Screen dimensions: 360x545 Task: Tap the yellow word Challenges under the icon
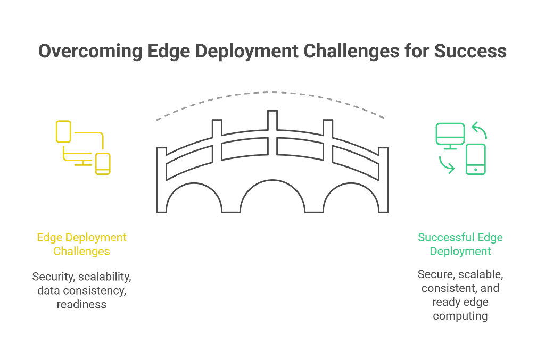click(81, 251)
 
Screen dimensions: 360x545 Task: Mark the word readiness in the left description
click(81, 305)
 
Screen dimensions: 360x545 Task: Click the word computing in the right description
click(461, 316)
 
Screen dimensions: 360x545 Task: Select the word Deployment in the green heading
click(461, 251)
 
